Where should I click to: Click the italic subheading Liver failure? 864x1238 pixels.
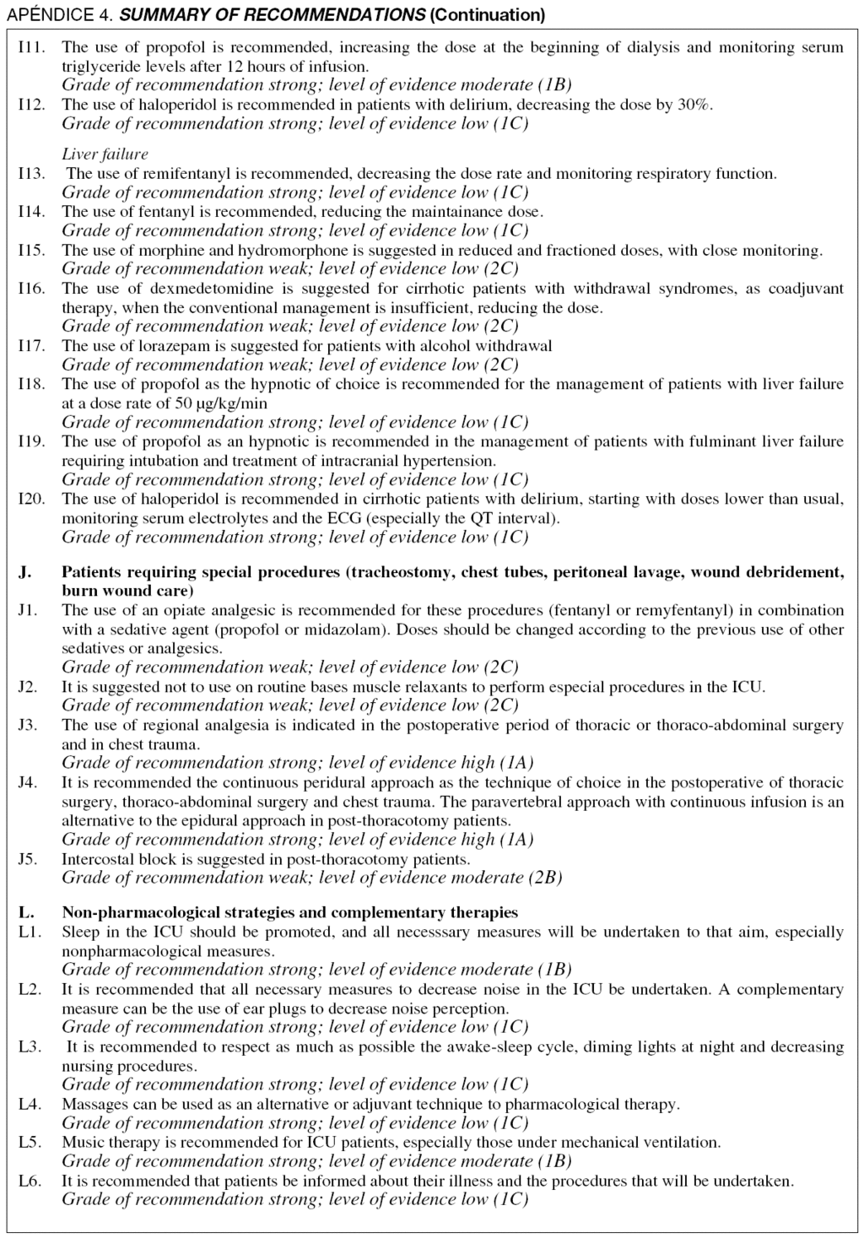pos(105,154)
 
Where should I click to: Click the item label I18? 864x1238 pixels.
pos(31,384)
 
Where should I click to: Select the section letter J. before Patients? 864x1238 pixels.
pos(25,571)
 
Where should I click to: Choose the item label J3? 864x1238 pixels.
pos(28,724)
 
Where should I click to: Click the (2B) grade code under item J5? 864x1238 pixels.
pos(545,877)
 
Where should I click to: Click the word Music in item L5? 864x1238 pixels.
pos(81,1142)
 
